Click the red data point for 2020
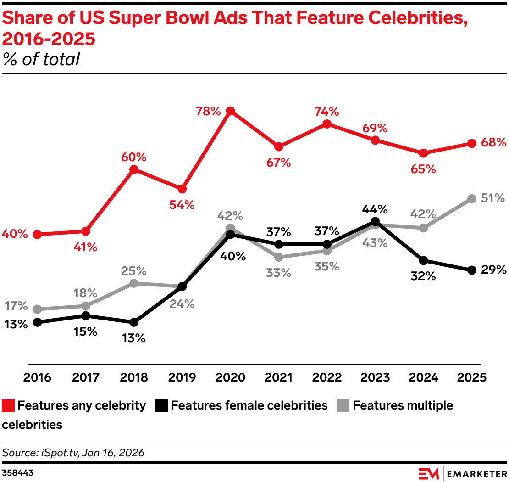coord(231,111)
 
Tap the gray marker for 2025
coord(471,198)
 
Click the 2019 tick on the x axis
coord(182,377)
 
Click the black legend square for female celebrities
coord(161,406)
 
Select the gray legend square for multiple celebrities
coord(343,406)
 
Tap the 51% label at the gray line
coord(493,198)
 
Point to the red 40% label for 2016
coord(15,234)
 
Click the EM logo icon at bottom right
coord(429,473)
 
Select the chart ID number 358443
coord(17,472)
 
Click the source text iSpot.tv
coord(56,453)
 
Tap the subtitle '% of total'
coord(41,59)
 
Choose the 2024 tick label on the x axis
coord(423,377)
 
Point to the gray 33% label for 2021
coord(279,273)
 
